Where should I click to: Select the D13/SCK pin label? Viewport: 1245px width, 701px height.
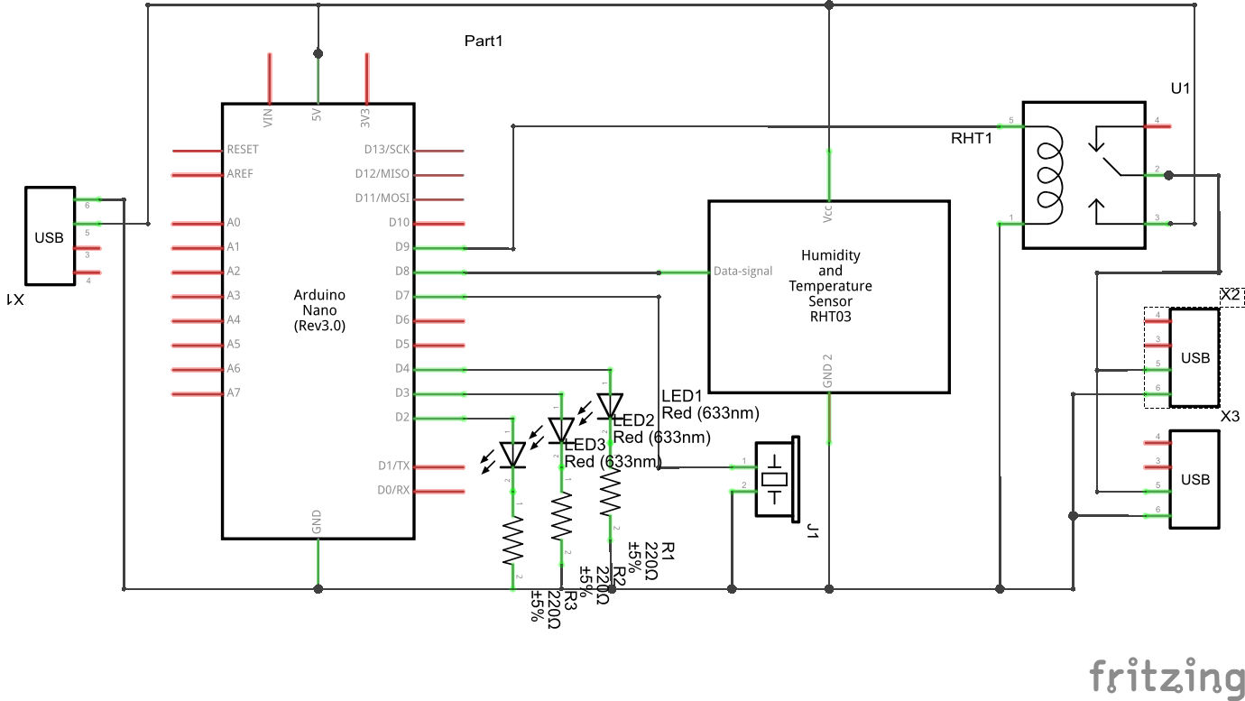point(387,149)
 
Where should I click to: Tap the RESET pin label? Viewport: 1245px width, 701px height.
point(243,149)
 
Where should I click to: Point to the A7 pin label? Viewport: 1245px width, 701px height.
point(234,392)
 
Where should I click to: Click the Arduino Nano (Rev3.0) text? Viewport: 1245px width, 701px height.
point(319,310)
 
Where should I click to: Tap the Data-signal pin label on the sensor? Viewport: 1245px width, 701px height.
point(742,271)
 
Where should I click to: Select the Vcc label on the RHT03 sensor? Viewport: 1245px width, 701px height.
point(828,213)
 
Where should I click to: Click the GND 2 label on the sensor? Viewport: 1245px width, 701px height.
point(828,377)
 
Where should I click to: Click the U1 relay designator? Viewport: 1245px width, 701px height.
point(1180,88)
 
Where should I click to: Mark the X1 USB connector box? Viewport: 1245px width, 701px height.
point(50,237)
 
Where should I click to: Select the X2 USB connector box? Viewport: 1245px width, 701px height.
point(1194,358)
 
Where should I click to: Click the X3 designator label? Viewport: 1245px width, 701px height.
point(1231,418)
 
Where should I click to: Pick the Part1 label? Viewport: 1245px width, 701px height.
point(483,41)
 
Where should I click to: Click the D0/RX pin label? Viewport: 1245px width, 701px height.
point(393,491)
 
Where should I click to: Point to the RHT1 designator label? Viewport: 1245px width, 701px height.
point(971,138)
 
